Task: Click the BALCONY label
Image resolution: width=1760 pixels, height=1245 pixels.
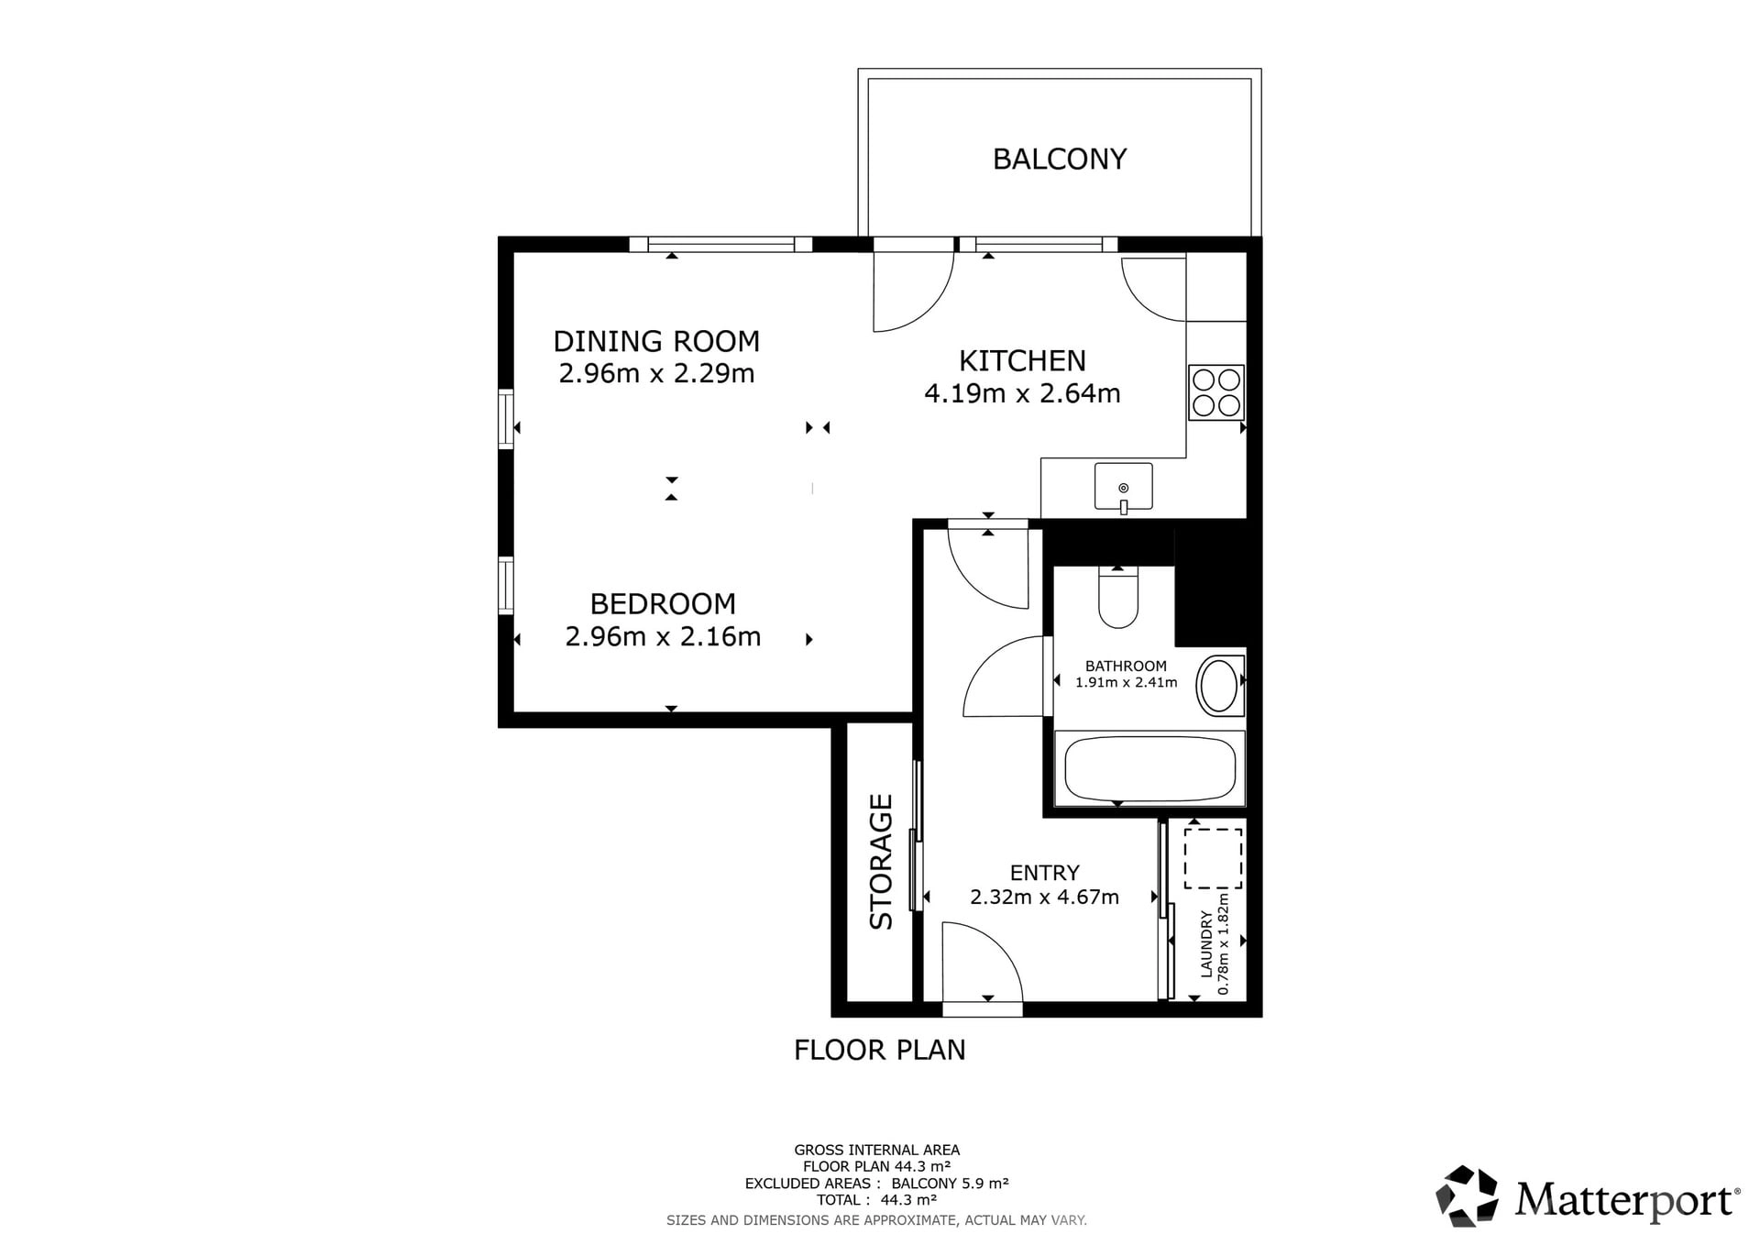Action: pos(1059,160)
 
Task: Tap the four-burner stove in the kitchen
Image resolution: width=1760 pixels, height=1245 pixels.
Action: pos(1216,392)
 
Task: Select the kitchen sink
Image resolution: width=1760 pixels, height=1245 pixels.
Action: pos(1123,487)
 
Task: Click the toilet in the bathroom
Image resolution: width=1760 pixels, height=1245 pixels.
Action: pos(1118,597)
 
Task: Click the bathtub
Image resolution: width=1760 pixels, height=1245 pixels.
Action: pos(1149,768)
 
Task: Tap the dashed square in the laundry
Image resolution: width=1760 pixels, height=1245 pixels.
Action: pos(1213,858)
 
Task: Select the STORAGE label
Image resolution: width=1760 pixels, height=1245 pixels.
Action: pos(881,862)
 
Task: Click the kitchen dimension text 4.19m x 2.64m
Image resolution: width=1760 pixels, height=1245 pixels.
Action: pos(1022,393)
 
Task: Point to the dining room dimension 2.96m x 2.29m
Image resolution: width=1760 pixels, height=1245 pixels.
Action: pos(656,374)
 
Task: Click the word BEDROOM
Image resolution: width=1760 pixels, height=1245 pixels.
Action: pos(663,604)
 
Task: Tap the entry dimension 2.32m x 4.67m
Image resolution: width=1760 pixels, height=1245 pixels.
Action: pos(1044,897)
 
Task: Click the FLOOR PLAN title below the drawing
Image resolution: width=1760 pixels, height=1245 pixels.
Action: pos(880,1050)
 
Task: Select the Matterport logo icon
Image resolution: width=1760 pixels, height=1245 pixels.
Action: pos(1467,1195)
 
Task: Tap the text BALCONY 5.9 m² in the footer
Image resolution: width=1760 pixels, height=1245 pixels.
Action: pos(950,1184)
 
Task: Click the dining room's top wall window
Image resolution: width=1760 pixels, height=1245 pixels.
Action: pos(720,244)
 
